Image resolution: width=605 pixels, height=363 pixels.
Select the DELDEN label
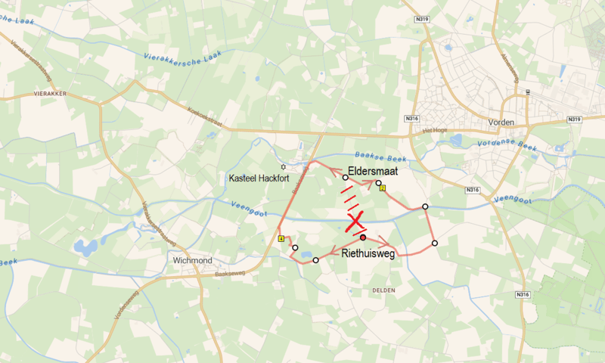click(x=385, y=290)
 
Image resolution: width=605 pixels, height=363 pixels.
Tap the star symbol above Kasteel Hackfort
click(x=284, y=166)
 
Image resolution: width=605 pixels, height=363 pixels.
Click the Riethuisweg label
click(x=368, y=253)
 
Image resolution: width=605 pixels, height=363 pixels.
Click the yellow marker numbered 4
click(x=281, y=238)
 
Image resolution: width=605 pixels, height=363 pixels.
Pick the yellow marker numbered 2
click(x=383, y=188)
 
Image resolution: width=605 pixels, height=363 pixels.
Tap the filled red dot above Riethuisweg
click(x=363, y=237)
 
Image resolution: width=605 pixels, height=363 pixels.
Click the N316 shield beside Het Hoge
click(x=411, y=119)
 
